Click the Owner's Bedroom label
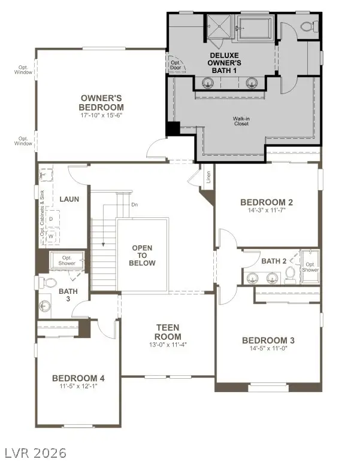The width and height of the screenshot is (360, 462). tap(101, 102)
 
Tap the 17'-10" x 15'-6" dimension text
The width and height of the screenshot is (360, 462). tap(101, 114)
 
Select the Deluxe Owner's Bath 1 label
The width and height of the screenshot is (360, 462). tap(225, 63)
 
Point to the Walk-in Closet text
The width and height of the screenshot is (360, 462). tap(241, 121)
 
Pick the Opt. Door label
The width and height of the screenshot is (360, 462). tap(176, 65)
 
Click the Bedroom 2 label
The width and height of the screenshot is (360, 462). tap(266, 202)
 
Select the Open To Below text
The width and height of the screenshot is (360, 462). tap(143, 256)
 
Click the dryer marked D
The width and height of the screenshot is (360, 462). tap(51, 219)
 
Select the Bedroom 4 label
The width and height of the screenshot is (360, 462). tap(78, 378)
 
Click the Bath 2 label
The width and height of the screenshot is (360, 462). tap(274, 261)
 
